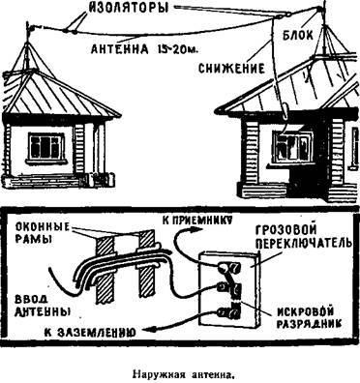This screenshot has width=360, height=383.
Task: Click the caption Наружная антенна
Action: click(x=180, y=368)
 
